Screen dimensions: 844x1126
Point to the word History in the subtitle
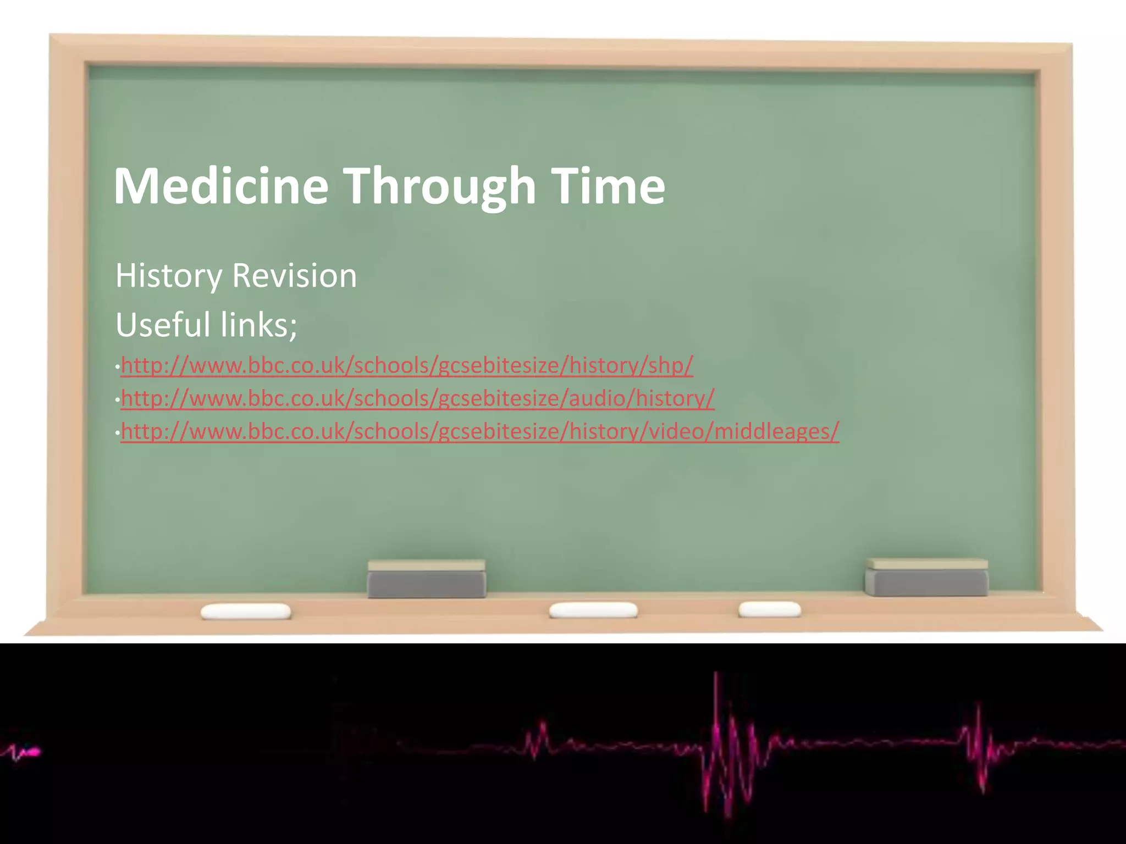point(168,276)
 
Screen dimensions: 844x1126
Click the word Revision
point(294,276)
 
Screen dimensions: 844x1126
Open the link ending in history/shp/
point(407,365)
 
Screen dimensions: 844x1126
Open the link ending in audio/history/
point(418,398)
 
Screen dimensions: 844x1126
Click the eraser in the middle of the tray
point(427,579)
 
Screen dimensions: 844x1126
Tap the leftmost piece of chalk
point(246,611)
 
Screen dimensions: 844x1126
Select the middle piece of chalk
point(593,610)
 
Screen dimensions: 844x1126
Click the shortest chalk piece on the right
point(770,609)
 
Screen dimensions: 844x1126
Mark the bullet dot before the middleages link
point(117,433)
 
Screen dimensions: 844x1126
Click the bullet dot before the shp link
point(117,367)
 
